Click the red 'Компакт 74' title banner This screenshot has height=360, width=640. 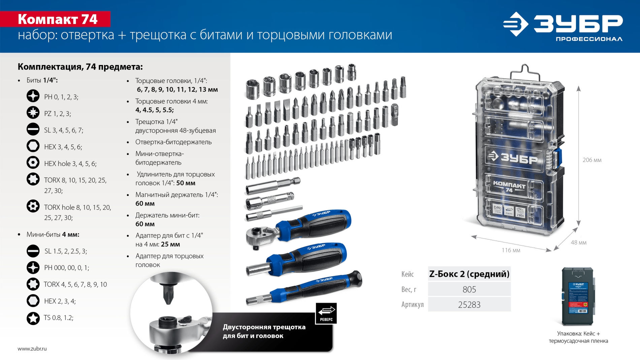click(x=57, y=19)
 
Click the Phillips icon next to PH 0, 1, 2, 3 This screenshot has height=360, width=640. click(x=33, y=96)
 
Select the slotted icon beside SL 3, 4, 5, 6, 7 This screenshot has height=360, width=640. click(x=33, y=129)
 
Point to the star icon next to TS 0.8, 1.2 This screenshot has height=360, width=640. click(x=33, y=318)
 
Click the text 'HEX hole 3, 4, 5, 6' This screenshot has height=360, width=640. click(x=70, y=164)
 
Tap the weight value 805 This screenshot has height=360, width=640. click(x=469, y=289)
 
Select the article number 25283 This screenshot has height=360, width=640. click(x=469, y=305)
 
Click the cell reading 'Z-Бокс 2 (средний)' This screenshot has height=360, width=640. click(x=469, y=274)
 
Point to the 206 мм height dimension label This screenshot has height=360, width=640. click(x=592, y=160)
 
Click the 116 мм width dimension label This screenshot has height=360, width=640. click(x=511, y=250)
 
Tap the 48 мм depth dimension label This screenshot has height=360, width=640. click(x=578, y=242)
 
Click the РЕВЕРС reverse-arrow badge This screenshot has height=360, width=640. click(x=326, y=313)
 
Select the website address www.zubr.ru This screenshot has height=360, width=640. click(x=32, y=349)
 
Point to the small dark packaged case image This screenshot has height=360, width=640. click(x=578, y=296)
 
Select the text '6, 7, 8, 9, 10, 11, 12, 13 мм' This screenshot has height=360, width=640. click(x=177, y=90)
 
